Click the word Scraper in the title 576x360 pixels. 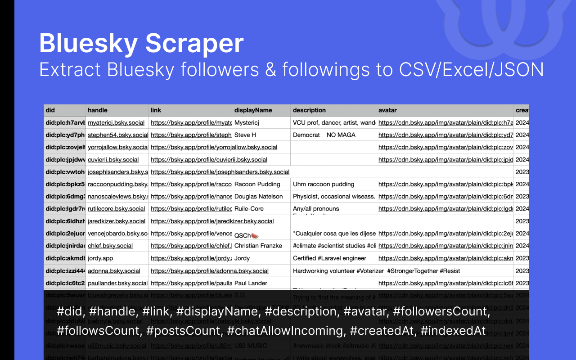194,44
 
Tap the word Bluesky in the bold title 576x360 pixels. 88,44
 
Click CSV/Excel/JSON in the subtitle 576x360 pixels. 471,70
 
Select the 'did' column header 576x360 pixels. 50,110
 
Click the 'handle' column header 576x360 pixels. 98,110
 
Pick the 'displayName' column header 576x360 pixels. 253,110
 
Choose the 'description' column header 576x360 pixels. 309,110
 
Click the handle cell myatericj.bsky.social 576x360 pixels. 116,122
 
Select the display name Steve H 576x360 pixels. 245,135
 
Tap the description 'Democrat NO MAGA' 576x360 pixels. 324,135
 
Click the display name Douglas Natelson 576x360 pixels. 258,197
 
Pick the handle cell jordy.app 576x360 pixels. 100,258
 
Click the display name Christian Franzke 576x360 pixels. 258,246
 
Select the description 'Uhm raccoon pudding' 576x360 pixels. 324,184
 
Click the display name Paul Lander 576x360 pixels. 251,283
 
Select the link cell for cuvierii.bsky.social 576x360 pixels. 209,160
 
